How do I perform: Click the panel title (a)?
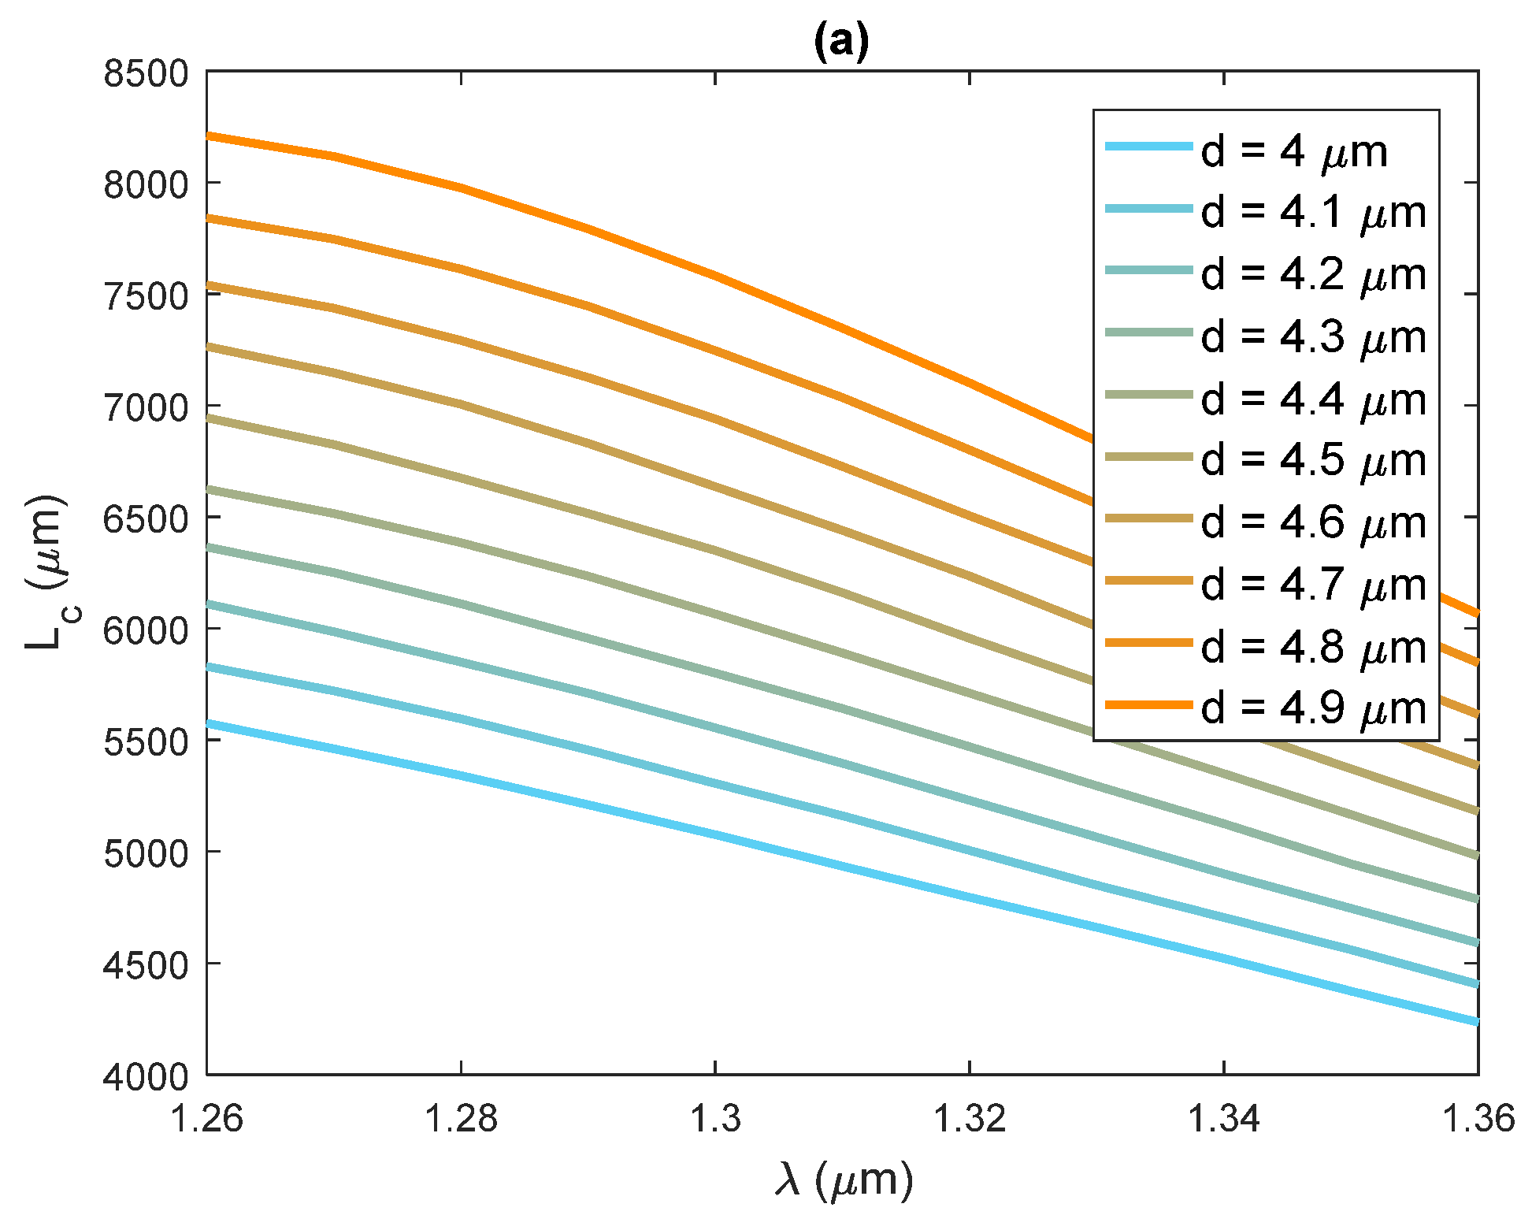tap(841, 43)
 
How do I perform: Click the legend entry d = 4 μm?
tap(1293, 151)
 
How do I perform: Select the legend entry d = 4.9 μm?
tap(1313, 708)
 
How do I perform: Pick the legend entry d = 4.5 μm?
tap(1313, 461)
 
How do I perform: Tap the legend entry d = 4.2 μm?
tap(1313, 275)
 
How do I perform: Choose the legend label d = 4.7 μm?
tap(1313, 585)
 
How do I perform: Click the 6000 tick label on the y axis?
tap(147, 630)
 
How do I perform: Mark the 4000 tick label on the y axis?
tap(147, 1076)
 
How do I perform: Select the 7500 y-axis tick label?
tap(147, 296)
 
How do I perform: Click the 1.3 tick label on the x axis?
tap(715, 1119)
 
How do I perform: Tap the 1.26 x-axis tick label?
tap(206, 1119)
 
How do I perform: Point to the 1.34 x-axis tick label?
tap(1223, 1119)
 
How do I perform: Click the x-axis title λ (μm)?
tap(843, 1180)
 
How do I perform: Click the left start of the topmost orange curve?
tap(210, 136)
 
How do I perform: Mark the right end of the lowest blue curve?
tap(1476, 1021)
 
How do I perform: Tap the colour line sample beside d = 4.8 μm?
tap(1148, 643)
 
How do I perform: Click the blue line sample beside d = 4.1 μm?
tap(1148, 209)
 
